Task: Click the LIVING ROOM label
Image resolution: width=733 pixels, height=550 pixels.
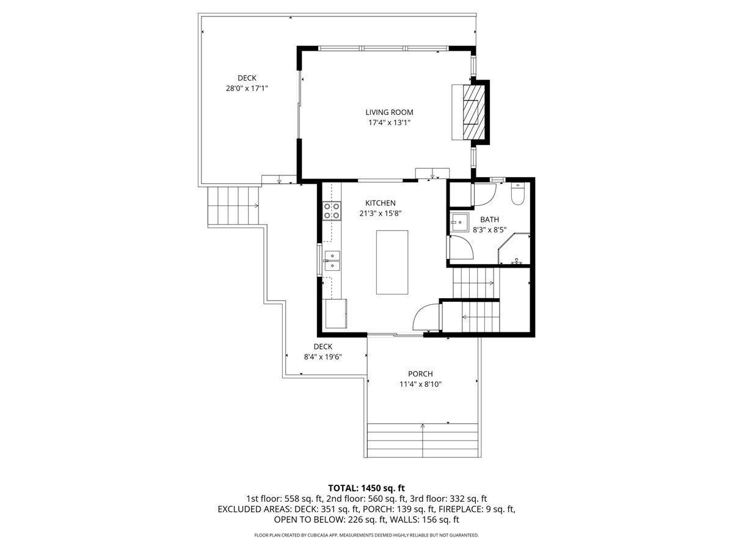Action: (x=389, y=112)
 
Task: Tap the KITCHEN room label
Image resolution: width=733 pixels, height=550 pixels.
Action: (x=380, y=203)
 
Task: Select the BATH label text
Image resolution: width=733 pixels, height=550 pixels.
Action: (x=489, y=219)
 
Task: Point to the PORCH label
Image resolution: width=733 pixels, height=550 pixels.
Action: (x=420, y=373)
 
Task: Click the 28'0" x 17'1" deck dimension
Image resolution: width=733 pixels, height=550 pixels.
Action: (x=247, y=89)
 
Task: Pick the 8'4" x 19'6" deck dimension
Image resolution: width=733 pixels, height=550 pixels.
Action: (x=323, y=357)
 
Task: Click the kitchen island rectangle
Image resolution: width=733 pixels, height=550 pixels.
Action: (x=392, y=262)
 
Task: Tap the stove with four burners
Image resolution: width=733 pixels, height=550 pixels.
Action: (x=332, y=211)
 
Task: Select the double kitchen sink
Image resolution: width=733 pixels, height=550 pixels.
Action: (x=332, y=261)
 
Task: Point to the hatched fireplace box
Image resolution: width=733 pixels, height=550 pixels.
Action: (x=473, y=112)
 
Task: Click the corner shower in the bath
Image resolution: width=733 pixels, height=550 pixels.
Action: (x=514, y=249)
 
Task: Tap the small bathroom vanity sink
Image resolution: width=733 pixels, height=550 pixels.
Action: (x=459, y=222)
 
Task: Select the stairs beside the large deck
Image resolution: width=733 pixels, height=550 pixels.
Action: (x=233, y=206)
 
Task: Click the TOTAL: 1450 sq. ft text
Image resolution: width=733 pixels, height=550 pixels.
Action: (x=366, y=488)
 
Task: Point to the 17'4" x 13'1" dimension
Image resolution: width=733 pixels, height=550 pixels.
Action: (x=389, y=123)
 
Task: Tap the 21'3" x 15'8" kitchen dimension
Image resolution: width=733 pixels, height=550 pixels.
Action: (x=380, y=213)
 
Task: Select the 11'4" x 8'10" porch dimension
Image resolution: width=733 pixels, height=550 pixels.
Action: (x=420, y=384)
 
